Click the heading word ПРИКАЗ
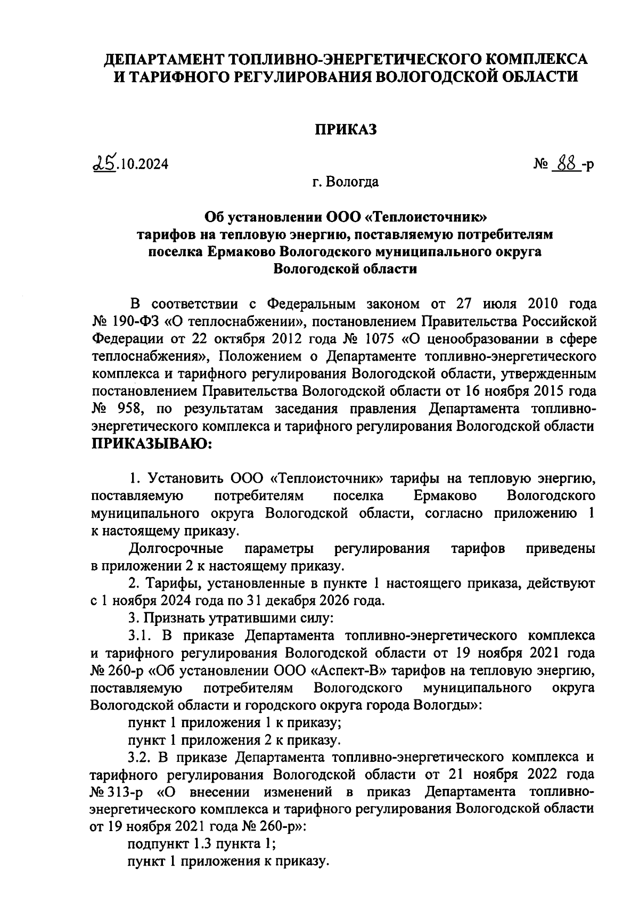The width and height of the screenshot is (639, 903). pyautogui.click(x=345, y=129)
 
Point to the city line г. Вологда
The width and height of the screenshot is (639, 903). pyautogui.click(x=345, y=183)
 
